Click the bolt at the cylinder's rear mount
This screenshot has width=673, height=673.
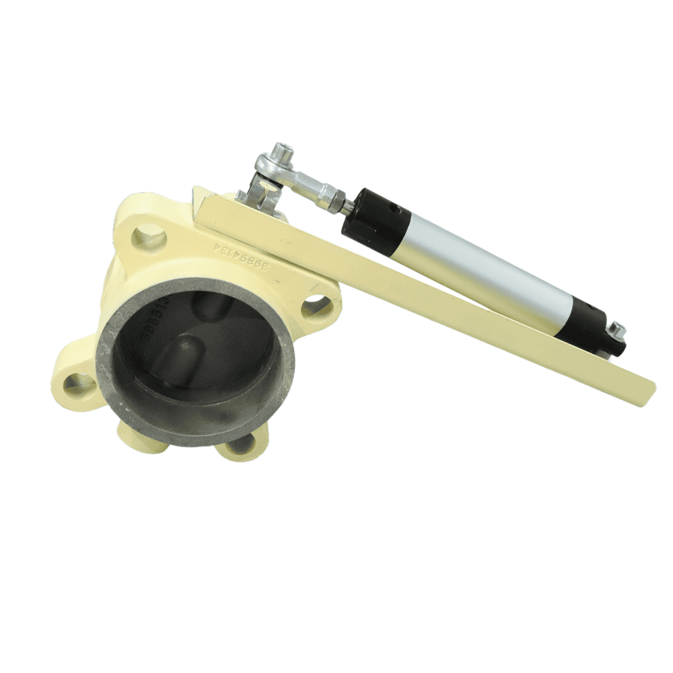click(x=616, y=330)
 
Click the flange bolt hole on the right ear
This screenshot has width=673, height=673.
click(x=316, y=308)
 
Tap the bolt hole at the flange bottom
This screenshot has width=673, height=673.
click(x=240, y=444)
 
